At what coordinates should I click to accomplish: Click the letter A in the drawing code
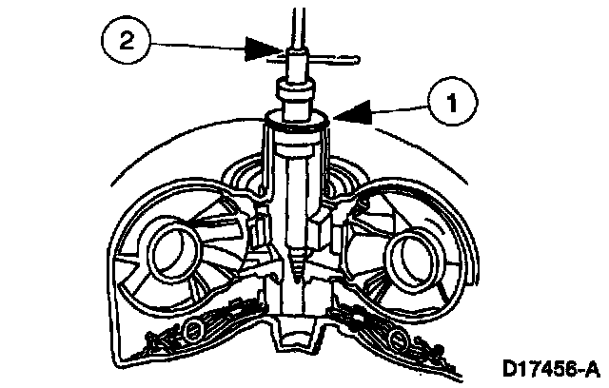point(592,366)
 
